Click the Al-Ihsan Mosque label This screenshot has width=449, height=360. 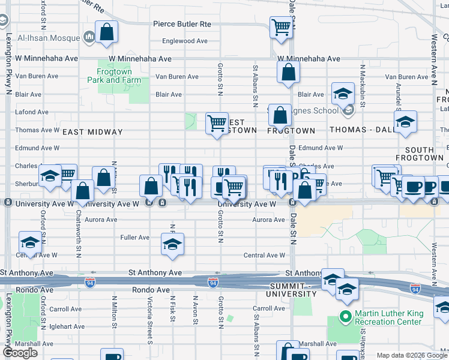coord(49,38)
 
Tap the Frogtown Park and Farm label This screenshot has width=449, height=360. coord(114,76)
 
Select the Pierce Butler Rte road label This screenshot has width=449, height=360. coord(182,24)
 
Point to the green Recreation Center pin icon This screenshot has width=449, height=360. coord(345,316)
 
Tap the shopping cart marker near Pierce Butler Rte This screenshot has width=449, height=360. coord(281,27)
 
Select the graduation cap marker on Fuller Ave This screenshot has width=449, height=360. coord(172,244)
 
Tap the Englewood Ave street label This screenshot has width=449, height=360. coord(185,41)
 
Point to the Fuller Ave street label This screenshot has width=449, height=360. coord(135,238)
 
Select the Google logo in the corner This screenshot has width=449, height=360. coord(20,353)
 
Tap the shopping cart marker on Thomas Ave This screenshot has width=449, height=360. coord(217,124)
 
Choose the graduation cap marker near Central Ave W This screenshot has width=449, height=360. coord(29,242)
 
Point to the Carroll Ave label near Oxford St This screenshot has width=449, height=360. coord(66,310)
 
